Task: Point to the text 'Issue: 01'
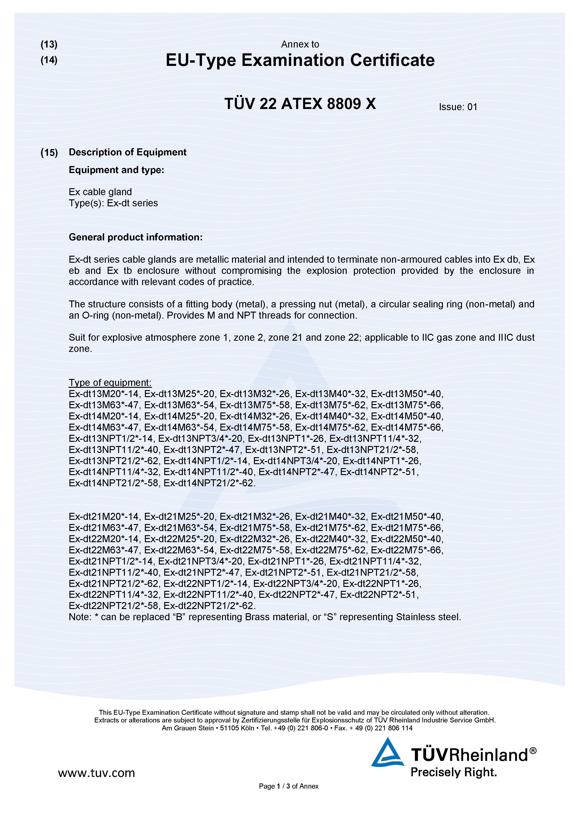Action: [x=458, y=107]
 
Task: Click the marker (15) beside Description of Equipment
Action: [x=49, y=153]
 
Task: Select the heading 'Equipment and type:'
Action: [x=116, y=170]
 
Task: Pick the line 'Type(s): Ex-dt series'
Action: [x=113, y=203]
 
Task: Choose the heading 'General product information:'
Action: [x=136, y=237]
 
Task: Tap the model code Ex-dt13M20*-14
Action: [x=105, y=394]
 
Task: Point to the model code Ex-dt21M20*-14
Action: [x=105, y=517]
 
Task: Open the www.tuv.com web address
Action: [x=96, y=773]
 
